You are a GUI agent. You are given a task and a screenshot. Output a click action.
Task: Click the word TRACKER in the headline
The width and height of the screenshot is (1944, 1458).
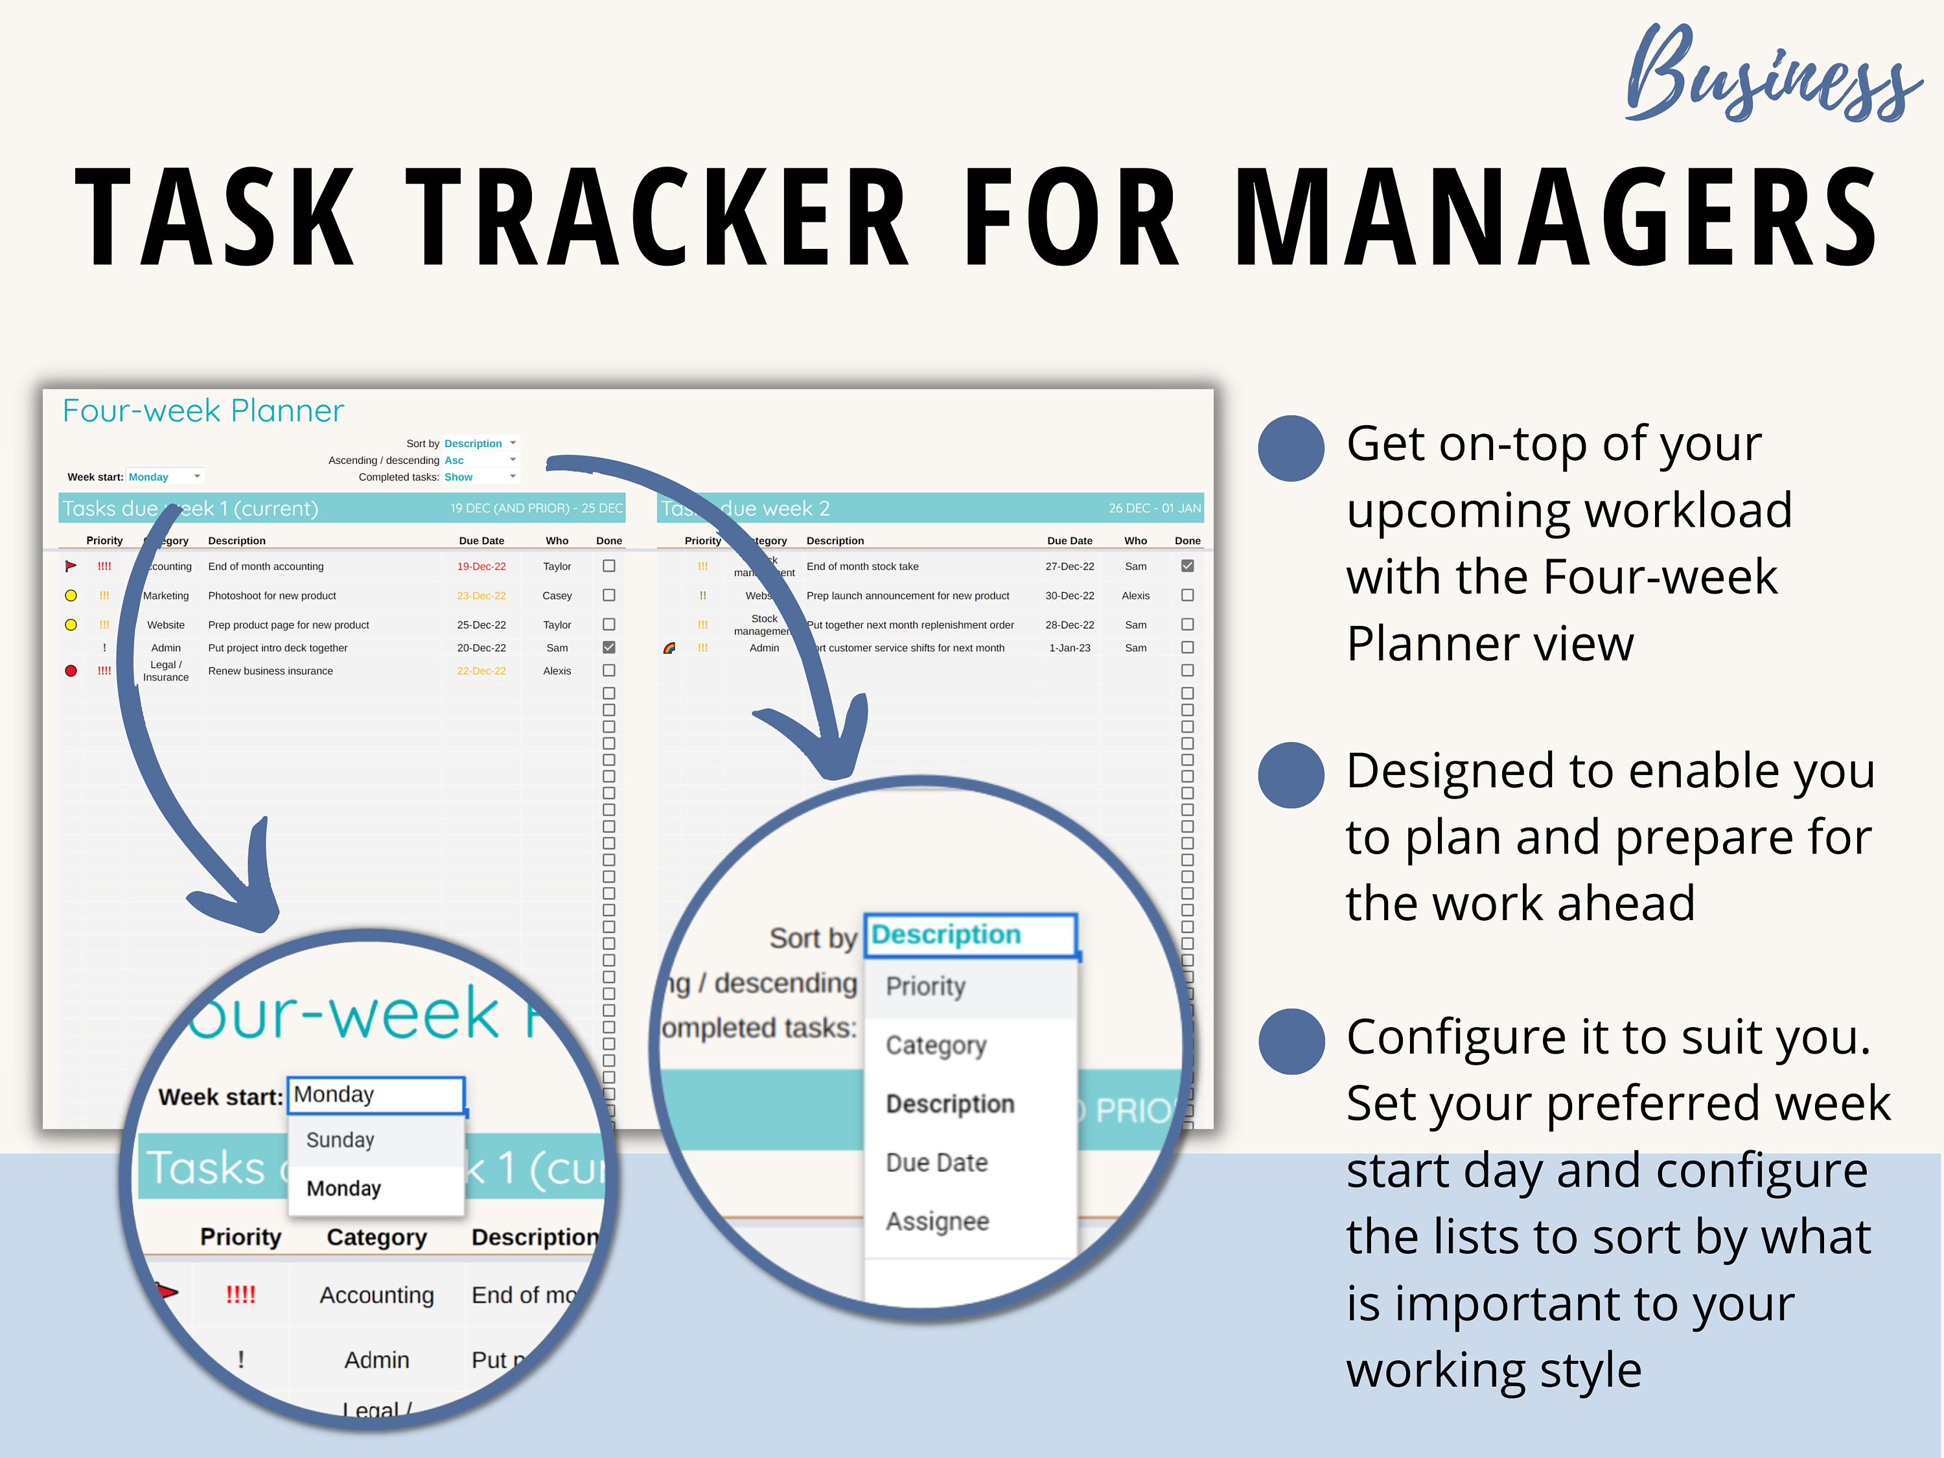coord(659,217)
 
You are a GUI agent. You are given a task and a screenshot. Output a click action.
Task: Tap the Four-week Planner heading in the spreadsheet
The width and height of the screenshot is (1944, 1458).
coord(203,410)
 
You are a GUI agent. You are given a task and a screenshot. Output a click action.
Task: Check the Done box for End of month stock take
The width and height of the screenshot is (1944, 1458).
coord(1187,566)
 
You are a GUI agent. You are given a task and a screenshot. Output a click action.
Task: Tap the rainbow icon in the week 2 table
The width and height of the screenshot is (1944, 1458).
coord(669,649)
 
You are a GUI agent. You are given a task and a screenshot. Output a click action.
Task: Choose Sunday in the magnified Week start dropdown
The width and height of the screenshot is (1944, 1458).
coord(340,1140)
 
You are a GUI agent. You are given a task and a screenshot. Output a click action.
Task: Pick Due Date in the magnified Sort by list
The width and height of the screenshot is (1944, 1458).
coord(937,1163)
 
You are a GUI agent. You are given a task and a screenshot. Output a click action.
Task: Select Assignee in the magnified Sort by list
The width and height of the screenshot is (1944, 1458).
coord(937,1221)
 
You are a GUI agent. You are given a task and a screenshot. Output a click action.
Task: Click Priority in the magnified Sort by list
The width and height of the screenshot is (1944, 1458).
coord(925,986)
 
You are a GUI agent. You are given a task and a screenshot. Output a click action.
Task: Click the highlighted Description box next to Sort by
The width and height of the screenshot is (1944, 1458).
coord(969,934)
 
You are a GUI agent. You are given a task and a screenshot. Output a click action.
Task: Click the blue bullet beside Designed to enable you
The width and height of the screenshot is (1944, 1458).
coord(1291,775)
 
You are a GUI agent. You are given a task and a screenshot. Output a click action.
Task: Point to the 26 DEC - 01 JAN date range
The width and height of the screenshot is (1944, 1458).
coord(1154,509)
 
